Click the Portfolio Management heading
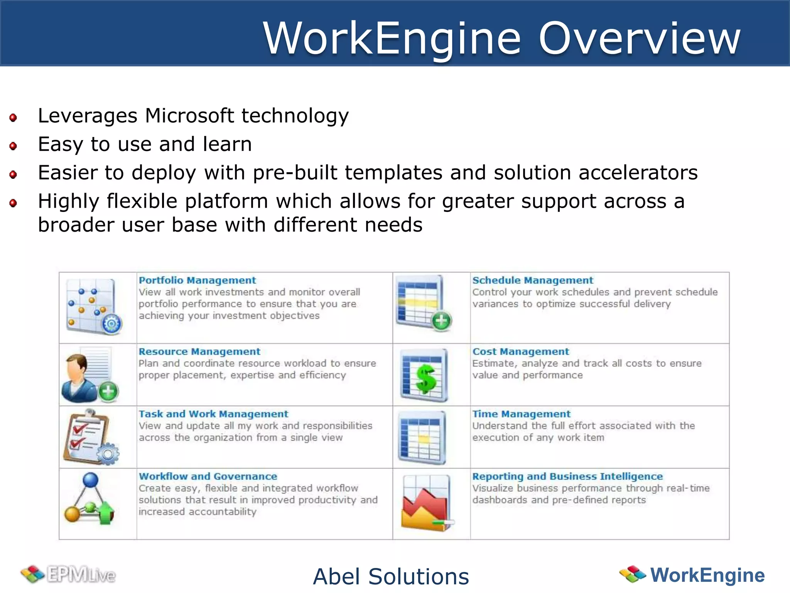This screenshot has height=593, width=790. tap(197, 280)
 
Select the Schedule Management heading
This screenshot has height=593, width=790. tap(532, 280)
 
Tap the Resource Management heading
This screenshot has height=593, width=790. tap(199, 352)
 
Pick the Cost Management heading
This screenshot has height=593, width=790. tap(520, 352)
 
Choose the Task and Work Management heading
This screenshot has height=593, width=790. tap(213, 414)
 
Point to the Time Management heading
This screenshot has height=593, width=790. tap(521, 414)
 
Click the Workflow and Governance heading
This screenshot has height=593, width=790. tap(208, 476)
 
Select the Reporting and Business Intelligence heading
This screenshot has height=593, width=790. tap(567, 476)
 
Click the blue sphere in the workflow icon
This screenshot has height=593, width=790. tap(91, 480)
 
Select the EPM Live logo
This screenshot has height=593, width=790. tap(69, 574)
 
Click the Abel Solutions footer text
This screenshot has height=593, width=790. tap(391, 576)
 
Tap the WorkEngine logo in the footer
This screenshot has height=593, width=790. tap(692, 575)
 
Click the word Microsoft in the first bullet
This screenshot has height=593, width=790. tap(189, 115)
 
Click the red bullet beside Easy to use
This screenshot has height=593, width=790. tap(13, 146)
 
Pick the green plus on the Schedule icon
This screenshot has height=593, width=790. tap(441, 321)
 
